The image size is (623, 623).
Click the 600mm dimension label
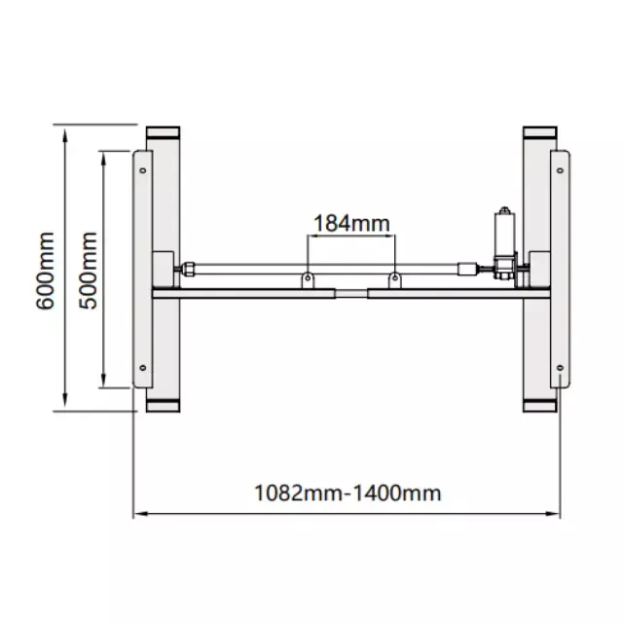coord(45,271)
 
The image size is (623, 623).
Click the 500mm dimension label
coord(88,271)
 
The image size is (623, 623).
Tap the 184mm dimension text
coord(351,223)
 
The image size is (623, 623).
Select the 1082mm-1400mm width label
coord(348,494)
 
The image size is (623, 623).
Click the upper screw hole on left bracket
coord(143,170)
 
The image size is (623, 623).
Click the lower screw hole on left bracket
coord(143,368)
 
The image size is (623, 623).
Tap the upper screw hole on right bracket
coord(560,170)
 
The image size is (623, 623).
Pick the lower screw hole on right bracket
coord(560,368)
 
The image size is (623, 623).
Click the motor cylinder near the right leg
coord(504,233)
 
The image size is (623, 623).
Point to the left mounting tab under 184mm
coord(308,279)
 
